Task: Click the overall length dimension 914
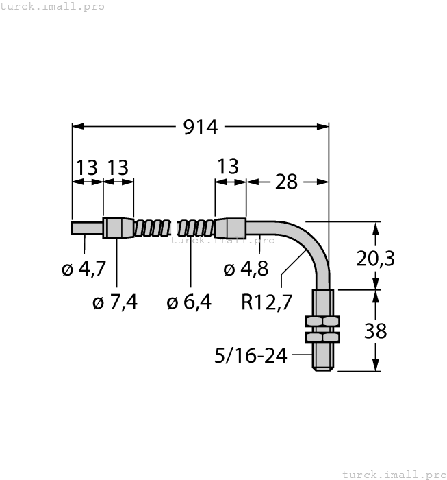200,128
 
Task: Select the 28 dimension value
286,182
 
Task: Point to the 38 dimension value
376,331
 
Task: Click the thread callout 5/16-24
251,355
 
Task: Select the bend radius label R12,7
267,302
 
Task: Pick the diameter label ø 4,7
84,269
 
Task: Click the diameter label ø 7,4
115,302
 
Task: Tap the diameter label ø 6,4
189,302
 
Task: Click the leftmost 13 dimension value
86,167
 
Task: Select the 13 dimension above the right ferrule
227,167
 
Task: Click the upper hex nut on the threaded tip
322,321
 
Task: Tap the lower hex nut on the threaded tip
322,337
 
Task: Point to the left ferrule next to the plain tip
118,228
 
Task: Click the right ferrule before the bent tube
230,228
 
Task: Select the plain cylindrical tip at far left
87,228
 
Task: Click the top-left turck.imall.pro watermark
53,6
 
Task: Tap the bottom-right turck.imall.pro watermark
393,474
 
